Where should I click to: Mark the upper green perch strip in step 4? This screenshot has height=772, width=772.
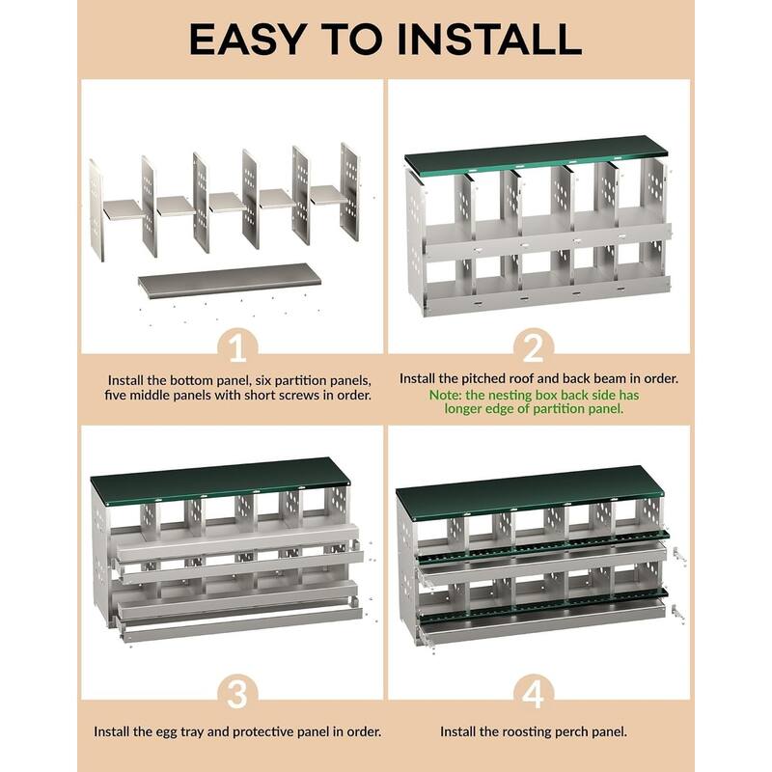click(540, 544)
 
